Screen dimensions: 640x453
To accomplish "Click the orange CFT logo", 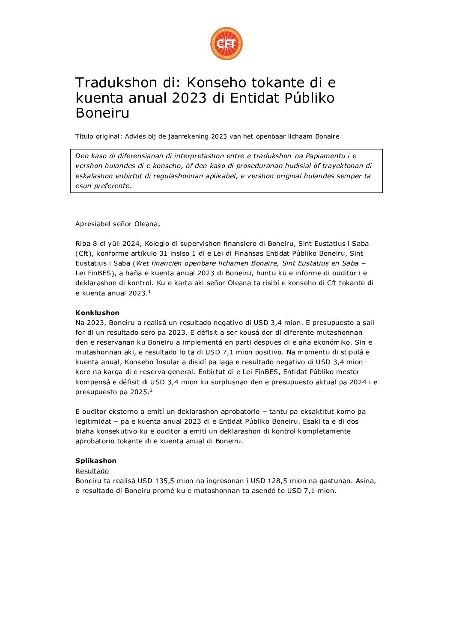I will [x=226, y=44].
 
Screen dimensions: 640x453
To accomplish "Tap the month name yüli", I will [x=114, y=244].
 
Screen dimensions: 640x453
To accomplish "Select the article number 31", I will [x=163, y=254].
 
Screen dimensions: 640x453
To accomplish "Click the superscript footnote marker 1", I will [x=149, y=292].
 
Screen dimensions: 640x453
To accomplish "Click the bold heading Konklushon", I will [x=97, y=313].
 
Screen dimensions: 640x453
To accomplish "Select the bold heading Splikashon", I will [x=96, y=461].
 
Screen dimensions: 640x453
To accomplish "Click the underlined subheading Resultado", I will [x=92, y=471].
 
